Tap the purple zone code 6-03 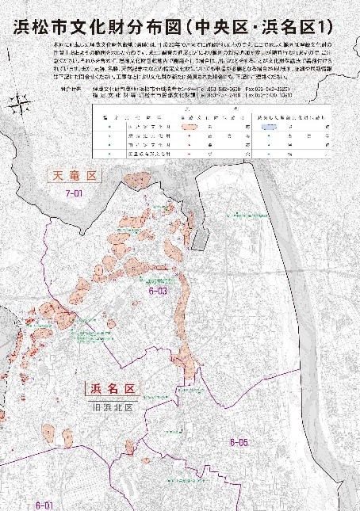coord(157,292)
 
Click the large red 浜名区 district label coord(110,389)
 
